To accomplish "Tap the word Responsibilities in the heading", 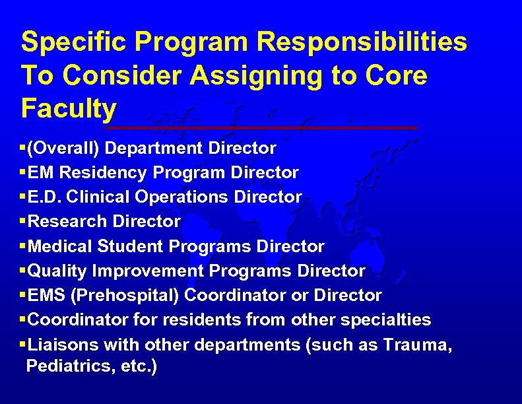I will click(362, 42).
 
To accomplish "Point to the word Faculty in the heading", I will click(69, 108).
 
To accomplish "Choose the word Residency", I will click(112, 173).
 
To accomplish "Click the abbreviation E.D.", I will click(46, 197).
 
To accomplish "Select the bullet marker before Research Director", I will click(24, 222).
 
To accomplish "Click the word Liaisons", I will click(61, 345).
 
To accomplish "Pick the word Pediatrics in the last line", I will click(61, 366).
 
